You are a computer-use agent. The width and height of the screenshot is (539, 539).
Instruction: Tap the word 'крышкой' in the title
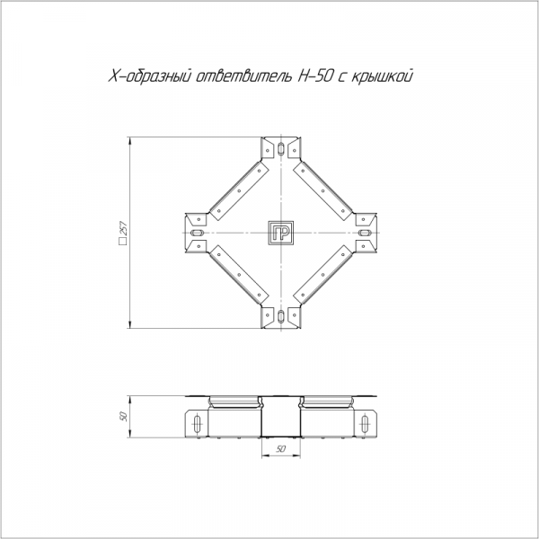point(382,77)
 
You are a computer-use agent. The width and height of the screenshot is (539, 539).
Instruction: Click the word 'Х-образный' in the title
point(149,76)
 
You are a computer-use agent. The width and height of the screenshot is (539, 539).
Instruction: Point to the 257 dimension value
point(124,228)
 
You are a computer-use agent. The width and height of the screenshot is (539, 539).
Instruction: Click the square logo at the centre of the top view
point(281,233)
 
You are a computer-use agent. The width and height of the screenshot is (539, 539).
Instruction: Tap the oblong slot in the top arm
point(281,149)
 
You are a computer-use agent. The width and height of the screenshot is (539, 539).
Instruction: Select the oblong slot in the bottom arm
point(281,316)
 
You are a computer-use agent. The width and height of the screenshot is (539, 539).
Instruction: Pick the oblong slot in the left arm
point(198,233)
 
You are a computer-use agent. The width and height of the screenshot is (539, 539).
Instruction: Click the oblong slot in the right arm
point(365,233)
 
